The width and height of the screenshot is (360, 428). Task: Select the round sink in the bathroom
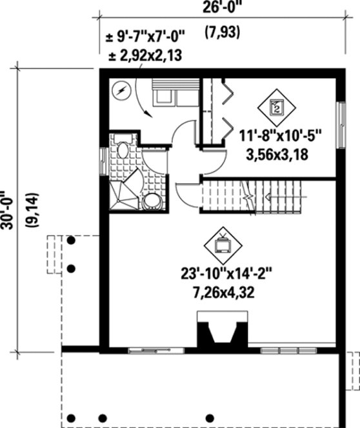pyautogui.click(x=152, y=201)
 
